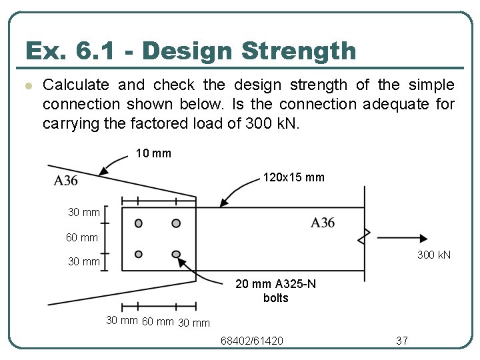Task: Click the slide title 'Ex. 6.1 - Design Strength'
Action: coord(190,51)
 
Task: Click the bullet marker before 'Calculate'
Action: coord(27,85)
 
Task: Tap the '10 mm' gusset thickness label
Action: coord(153,153)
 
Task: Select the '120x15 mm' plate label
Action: coord(294,178)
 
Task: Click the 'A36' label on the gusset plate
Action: coord(66,180)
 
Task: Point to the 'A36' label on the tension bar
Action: coord(323,223)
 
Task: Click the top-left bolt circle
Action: coord(139,223)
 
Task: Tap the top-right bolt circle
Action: coord(176,223)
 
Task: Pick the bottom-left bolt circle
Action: coord(139,254)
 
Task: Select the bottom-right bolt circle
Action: coord(176,254)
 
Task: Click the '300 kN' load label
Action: coord(434,255)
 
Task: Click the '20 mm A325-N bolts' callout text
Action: coord(276,291)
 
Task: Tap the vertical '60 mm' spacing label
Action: coord(81,237)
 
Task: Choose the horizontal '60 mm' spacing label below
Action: coord(158,322)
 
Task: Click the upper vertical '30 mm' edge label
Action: coord(84,212)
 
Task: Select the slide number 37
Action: coord(402,341)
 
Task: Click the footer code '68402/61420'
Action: coord(252,341)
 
